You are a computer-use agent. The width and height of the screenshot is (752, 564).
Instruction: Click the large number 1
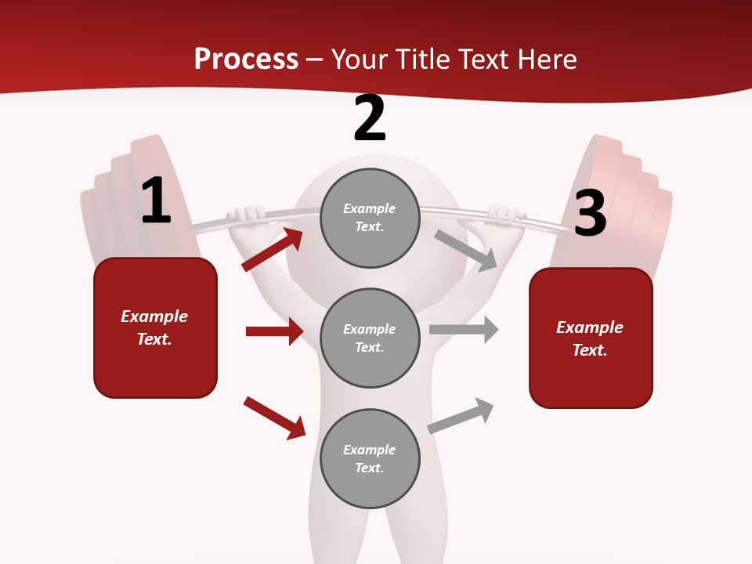coord(155,201)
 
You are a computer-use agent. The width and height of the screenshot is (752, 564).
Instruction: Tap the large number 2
coord(369,118)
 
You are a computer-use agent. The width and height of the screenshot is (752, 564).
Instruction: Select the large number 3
coord(590,213)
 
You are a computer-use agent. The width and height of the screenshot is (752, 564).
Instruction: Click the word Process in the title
coord(246,59)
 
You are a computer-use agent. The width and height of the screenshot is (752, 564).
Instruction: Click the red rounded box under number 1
coord(155,327)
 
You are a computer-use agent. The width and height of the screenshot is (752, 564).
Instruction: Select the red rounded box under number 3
coord(591,338)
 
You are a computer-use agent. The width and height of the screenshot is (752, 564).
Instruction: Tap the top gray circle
coord(370,218)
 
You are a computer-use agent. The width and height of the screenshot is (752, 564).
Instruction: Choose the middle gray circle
coord(370,338)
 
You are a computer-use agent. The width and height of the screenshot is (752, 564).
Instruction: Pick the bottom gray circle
coord(370,458)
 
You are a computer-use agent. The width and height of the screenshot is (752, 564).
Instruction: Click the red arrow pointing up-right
coord(273,250)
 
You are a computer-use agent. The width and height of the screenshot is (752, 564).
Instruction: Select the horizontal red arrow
coord(274,331)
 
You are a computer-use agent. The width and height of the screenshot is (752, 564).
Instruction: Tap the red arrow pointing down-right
coord(274,418)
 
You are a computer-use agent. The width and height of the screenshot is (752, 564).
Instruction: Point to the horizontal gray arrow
coord(464,329)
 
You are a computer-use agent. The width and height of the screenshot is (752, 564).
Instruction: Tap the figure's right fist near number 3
coord(505,213)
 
